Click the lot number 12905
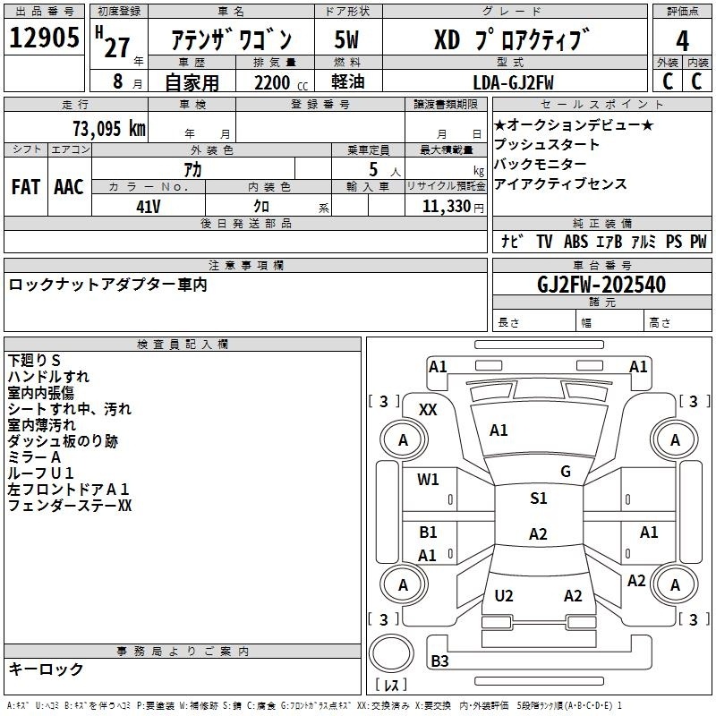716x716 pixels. click(44, 38)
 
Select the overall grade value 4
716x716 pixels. click(682, 41)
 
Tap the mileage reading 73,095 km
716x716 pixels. click(109, 129)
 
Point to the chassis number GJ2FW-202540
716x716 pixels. click(601, 285)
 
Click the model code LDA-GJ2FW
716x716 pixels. click(513, 82)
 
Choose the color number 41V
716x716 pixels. click(149, 207)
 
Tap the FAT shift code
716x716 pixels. click(26, 187)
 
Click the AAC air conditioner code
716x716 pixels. click(69, 187)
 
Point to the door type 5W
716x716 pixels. click(346, 39)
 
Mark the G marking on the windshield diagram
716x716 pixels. click(566, 472)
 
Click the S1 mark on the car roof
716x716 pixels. click(539, 499)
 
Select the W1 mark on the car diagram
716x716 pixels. click(428, 480)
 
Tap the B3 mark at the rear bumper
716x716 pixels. click(439, 661)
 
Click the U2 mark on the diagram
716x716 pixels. click(504, 596)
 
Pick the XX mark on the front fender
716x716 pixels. click(428, 410)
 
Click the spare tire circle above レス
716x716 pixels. click(391, 652)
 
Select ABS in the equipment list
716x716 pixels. click(575, 242)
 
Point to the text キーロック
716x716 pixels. click(46, 669)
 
